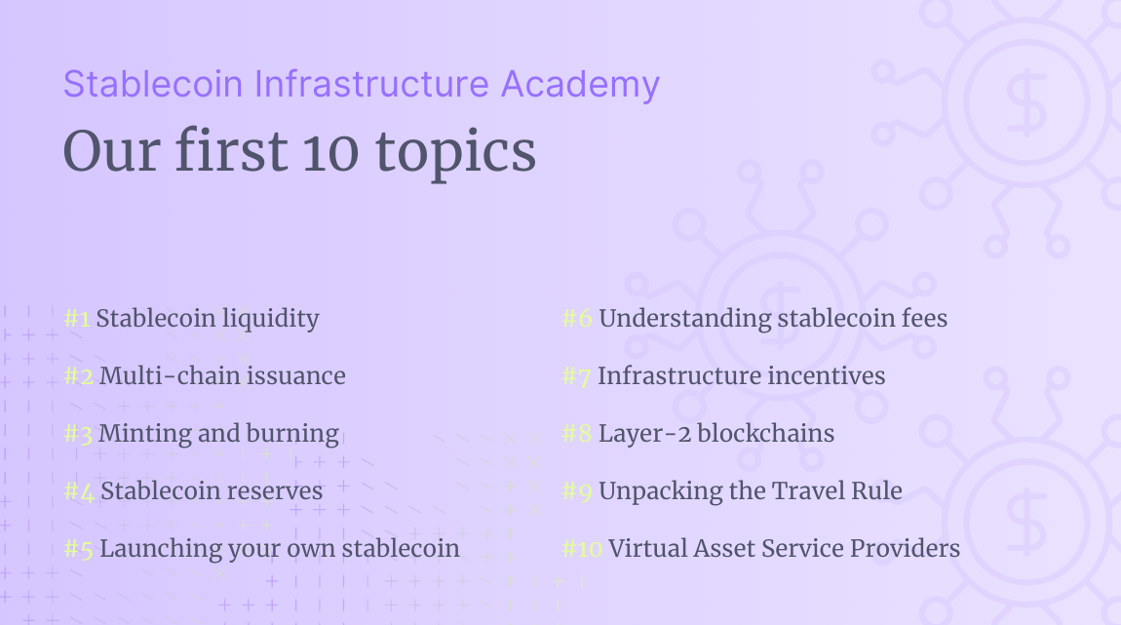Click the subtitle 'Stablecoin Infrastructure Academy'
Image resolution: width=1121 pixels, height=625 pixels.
(x=361, y=85)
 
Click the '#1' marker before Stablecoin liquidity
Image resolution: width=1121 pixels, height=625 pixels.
(x=78, y=319)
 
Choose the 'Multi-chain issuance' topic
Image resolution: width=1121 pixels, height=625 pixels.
(x=222, y=375)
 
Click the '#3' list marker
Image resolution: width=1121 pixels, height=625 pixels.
(x=78, y=434)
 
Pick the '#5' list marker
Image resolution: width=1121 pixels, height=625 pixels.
(x=79, y=549)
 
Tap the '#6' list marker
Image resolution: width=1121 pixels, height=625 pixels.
(x=578, y=319)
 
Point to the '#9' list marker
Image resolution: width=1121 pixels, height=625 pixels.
(x=578, y=491)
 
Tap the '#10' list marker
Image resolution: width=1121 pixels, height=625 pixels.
(x=583, y=549)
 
